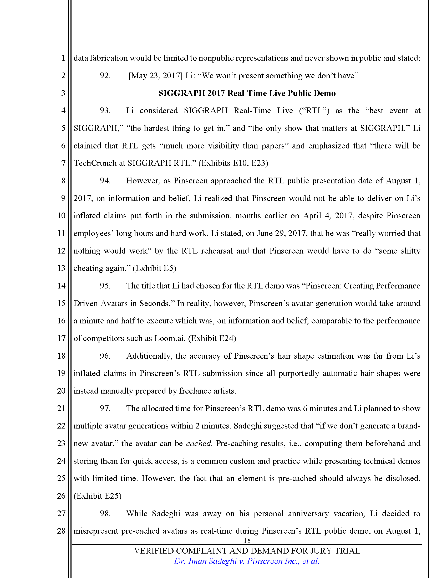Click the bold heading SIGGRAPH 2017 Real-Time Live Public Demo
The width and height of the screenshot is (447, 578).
coord(247,93)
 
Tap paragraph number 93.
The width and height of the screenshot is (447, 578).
coord(105,111)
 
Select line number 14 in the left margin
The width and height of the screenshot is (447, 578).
coord(61,286)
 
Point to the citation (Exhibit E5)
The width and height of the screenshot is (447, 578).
coord(154,268)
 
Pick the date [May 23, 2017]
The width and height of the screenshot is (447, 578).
coord(155,76)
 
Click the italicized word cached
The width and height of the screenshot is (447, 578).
coord(199,443)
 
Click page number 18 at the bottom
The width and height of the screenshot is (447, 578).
coord(247,540)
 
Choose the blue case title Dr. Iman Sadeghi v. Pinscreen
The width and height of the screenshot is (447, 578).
coord(246,561)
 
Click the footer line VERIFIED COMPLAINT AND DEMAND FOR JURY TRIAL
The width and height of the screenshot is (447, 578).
coord(247,551)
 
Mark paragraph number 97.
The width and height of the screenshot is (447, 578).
coord(105,408)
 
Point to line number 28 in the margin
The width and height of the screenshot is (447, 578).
coord(61,531)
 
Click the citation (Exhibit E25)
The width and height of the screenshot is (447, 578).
coord(98,496)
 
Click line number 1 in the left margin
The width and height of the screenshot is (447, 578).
coord(63,58)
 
